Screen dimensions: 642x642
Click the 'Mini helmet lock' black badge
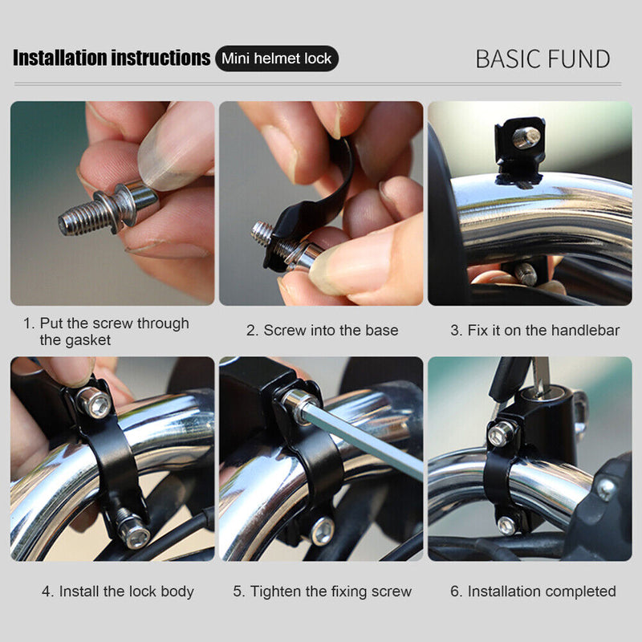pyautogui.click(x=277, y=59)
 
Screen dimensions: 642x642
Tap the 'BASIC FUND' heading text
pyautogui.click(x=542, y=59)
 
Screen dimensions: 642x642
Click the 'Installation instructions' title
pyautogui.click(x=112, y=59)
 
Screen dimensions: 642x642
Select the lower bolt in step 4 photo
pyautogui.click(x=132, y=531)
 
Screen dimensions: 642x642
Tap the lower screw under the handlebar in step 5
pyautogui.click(x=323, y=530)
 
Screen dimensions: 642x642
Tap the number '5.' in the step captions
pyautogui.click(x=239, y=591)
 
